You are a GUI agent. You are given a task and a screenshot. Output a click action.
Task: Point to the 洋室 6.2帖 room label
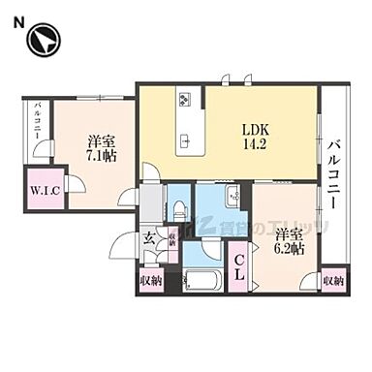[x=288, y=241]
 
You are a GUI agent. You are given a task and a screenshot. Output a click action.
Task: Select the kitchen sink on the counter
[x=185, y=141]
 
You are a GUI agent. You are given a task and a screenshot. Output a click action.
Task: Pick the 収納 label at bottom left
[x=149, y=282]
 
